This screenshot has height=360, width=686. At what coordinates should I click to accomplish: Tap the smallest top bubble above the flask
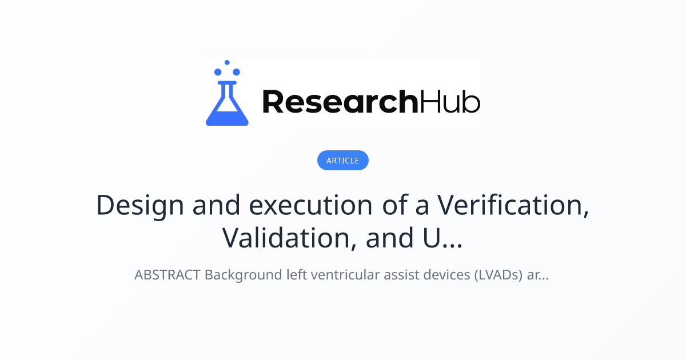coord(227,62)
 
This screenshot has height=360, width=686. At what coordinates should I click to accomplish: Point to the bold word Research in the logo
coord(340,102)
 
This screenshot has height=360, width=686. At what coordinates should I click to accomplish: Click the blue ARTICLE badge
coord(343,161)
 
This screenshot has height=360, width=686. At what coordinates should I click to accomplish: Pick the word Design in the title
coord(140,205)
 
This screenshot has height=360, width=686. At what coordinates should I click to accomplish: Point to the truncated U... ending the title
coord(437,238)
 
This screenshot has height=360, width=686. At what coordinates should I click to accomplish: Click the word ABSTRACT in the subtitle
coord(167,275)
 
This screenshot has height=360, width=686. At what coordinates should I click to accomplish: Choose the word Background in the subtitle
coord(243,275)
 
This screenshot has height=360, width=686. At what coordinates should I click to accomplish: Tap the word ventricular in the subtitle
coord(338,275)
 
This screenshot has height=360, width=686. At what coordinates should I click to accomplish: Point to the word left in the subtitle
coord(295,275)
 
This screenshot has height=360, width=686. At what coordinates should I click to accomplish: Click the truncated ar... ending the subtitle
coord(538,275)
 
